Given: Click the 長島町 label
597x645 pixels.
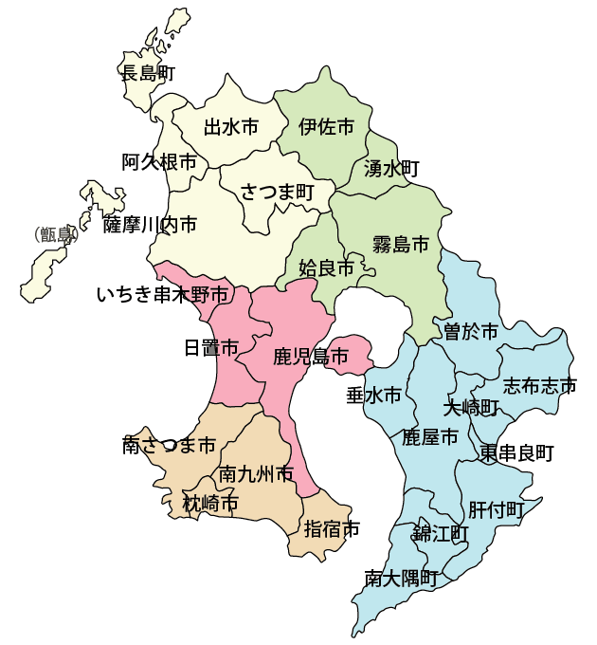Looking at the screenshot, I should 148,72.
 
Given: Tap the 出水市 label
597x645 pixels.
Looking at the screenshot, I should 231,126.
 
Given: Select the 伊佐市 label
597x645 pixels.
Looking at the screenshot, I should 326,126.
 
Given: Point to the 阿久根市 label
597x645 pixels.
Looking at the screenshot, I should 159,162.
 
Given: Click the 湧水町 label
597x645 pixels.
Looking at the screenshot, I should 391,169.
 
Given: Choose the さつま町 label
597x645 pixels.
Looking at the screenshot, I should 277,192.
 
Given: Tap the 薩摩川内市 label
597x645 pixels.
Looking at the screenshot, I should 151,225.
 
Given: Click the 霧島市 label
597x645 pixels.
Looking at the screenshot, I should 400,243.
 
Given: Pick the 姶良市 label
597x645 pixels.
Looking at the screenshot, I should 326,268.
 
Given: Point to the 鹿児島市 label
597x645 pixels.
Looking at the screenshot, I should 310,358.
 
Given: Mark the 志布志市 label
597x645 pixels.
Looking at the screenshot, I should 539,385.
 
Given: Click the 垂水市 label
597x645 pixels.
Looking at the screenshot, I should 373,394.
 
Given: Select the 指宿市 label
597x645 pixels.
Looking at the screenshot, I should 332,528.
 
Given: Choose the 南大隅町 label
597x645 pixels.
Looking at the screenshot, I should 402,577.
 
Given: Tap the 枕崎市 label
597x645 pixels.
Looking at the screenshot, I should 210,504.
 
